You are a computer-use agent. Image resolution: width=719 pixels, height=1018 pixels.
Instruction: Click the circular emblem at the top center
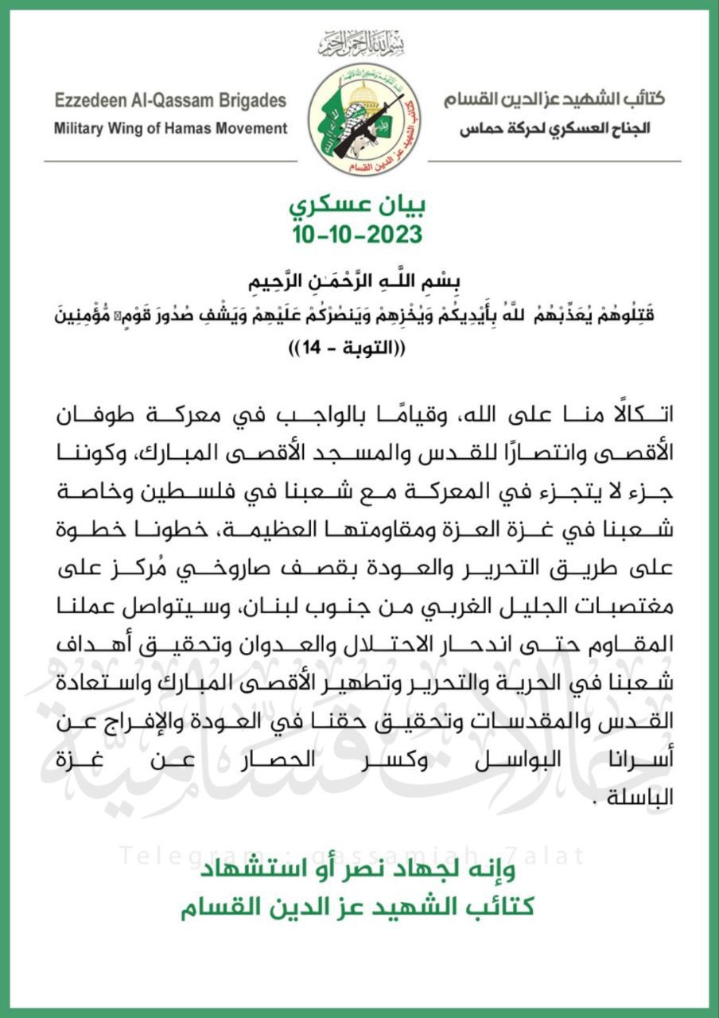click(x=367, y=120)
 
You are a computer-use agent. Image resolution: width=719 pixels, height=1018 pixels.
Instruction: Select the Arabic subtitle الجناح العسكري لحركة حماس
click(x=554, y=128)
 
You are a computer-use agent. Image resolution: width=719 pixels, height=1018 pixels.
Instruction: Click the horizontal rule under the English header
click(x=171, y=161)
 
